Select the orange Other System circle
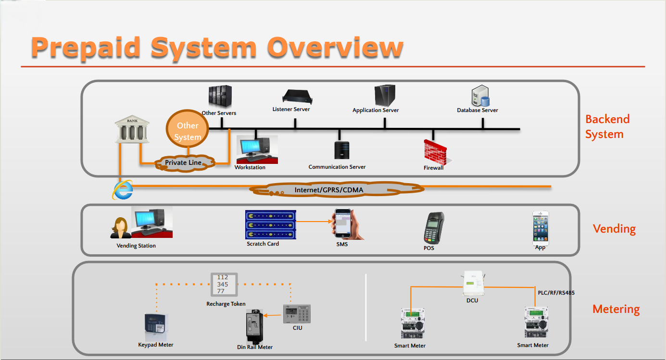point(187,131)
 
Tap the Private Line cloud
point(183,162)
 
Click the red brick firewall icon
point(434,152)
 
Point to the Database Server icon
point(479,96)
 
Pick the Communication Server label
point(337,167)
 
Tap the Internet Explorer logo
point(123,190)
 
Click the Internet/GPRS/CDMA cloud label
point(329,190)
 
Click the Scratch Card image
point(269,224)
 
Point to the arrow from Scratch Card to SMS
point(314,222)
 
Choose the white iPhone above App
point(540,228)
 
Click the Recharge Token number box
point(224,285)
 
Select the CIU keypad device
point(297,314)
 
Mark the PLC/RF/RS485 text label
point(556,292)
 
